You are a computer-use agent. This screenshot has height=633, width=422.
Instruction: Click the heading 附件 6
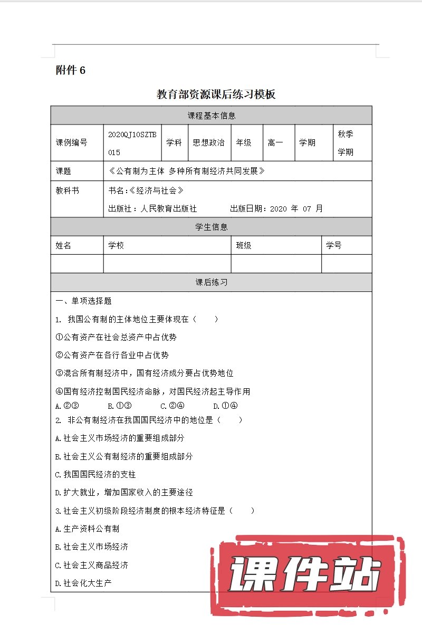click(70, 71)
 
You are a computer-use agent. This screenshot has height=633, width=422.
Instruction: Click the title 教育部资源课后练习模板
click(216, 95)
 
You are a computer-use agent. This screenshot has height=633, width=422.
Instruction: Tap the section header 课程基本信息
click(211, 116)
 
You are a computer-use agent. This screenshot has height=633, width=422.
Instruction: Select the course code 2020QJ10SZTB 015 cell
click(132, 143)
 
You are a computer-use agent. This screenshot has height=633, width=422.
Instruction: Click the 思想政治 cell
click(209, 142)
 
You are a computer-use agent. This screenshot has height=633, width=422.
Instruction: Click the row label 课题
click(64, 171)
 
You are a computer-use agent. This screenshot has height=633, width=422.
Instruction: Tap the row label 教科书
click(68, 190)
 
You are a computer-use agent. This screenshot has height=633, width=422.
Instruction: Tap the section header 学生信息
click(211, 227)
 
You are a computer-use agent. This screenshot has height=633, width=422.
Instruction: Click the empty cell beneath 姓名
click(77, 264)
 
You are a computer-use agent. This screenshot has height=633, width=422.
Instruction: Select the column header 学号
click(334, 245)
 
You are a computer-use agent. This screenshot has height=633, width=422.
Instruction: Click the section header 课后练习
click(211, 282)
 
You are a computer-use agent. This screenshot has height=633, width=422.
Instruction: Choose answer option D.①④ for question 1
click(225, 406)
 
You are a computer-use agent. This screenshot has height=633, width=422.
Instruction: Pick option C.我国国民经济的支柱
click(95, 474)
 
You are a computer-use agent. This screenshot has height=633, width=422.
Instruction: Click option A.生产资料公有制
click(87, 529)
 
